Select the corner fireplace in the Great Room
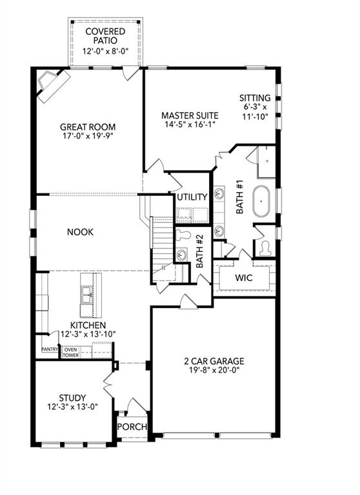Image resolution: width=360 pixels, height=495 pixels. [x=52, y=84]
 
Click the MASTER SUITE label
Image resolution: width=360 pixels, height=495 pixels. [x=190, y=116]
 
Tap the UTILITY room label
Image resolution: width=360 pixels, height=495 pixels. [x=192, y=197]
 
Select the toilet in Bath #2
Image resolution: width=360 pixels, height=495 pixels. [x=183, y=235]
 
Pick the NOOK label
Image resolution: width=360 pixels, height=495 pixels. [x=81, y=232]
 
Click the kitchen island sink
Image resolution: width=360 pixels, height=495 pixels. [x=85, y=295]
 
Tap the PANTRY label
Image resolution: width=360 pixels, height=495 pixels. [x=50, y=349]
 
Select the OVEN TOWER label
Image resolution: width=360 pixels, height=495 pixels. [x=70, y=353]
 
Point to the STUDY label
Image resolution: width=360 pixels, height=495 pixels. [x=72, y=398]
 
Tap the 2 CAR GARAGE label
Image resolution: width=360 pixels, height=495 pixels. [x=214, y=361]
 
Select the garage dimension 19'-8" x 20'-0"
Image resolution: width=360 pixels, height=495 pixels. [x=214, y=371]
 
